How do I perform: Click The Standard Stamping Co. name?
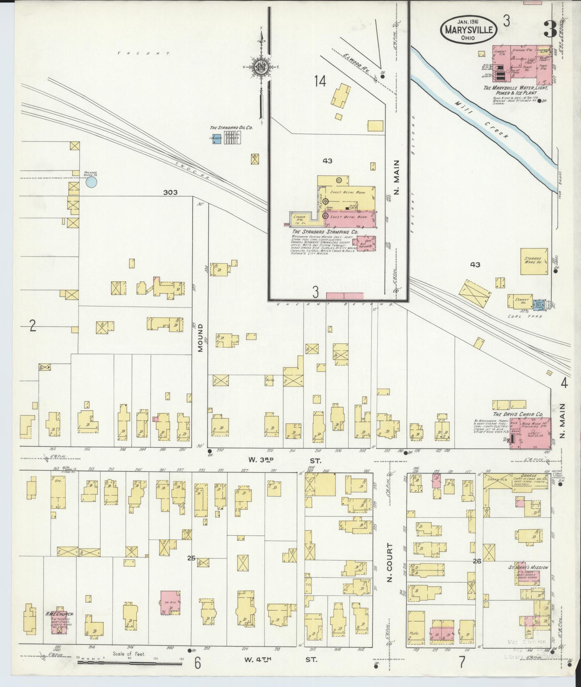click(x=325, y=232)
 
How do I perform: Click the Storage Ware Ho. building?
click(x=534, y=261)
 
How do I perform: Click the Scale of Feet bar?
click(x=130, y=663)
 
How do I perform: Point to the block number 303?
click(x=170, y=193)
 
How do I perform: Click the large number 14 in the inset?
click(x=320, y=82)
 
